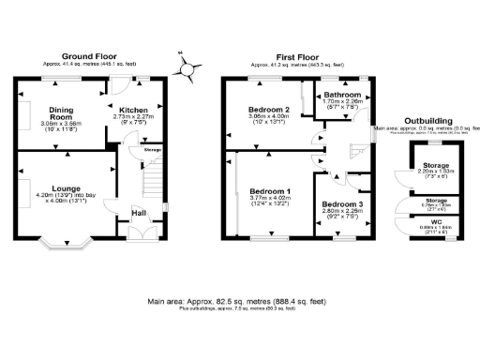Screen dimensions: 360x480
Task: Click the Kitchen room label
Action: tap(136, 110)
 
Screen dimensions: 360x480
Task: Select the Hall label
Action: tap(138, 214)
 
